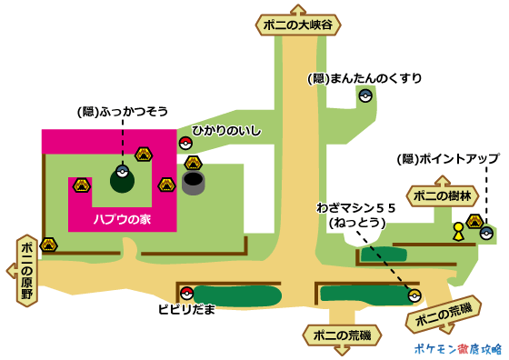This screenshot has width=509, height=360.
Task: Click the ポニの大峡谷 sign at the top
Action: coord(296,25)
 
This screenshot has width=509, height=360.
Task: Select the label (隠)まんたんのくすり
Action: coord(366,78)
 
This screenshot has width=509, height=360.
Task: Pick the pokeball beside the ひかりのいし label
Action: coord(185,143)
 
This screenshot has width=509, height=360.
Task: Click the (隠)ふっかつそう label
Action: coord(124,113)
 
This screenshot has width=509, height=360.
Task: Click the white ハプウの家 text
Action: coord(120,219)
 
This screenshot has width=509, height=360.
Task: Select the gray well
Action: coord(193,183)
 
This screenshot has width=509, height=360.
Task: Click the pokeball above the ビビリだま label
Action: coord(186,294)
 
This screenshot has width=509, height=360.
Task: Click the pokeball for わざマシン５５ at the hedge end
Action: coord(414,295)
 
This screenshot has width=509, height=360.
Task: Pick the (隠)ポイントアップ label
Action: coord(449,159)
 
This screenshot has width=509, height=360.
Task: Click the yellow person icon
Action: coord(458,232)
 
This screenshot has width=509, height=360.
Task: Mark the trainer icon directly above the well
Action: coord(193,163)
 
